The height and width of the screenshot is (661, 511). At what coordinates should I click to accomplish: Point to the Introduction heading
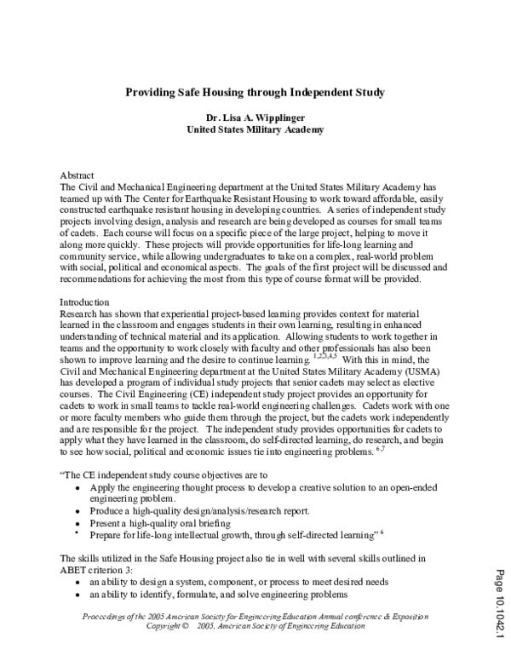click(x=83, y=302)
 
